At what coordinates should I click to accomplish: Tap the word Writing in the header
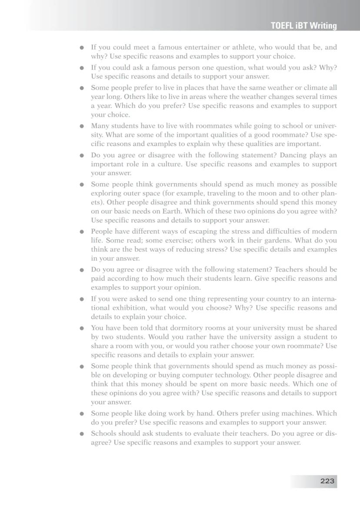coord(323,26)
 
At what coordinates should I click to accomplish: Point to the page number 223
coord(327,481)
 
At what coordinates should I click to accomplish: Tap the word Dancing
coord(293,155)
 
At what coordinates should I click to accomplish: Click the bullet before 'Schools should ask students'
coord(82,434)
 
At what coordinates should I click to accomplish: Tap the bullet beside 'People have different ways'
coord(82,232)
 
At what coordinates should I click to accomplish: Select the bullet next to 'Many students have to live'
coord(82,127)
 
